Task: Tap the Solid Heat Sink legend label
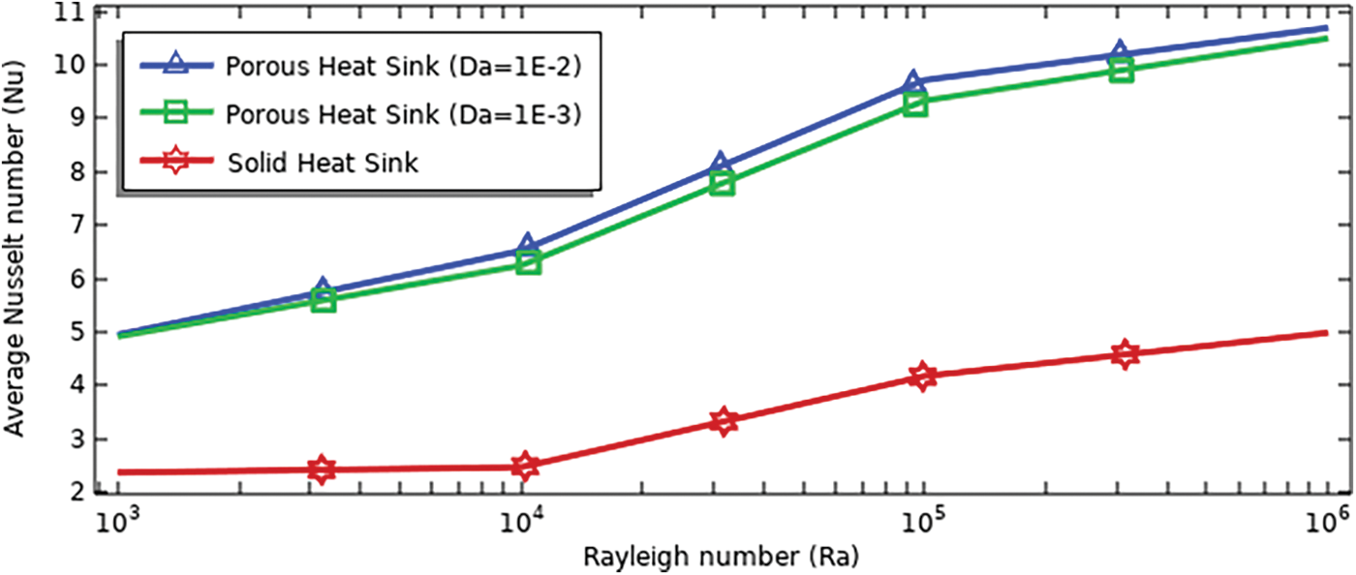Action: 324,162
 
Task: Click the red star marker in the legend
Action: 175,162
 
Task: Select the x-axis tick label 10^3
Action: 118,525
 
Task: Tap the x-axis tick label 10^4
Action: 521,525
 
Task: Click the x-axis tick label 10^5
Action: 924,525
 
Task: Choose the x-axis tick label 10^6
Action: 1326,525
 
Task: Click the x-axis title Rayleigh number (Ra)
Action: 721,558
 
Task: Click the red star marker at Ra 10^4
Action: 525,467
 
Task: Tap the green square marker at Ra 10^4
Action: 528,261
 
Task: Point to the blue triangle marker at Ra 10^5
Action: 913,82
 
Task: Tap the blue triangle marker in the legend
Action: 175,65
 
